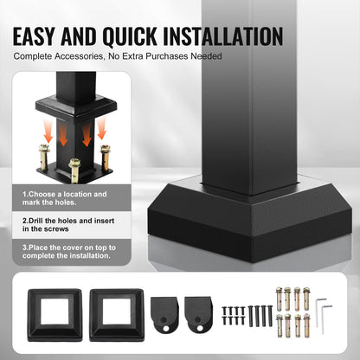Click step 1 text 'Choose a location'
pos(66,196)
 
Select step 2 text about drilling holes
pos(66,224)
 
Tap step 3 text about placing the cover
pos(66,252)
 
